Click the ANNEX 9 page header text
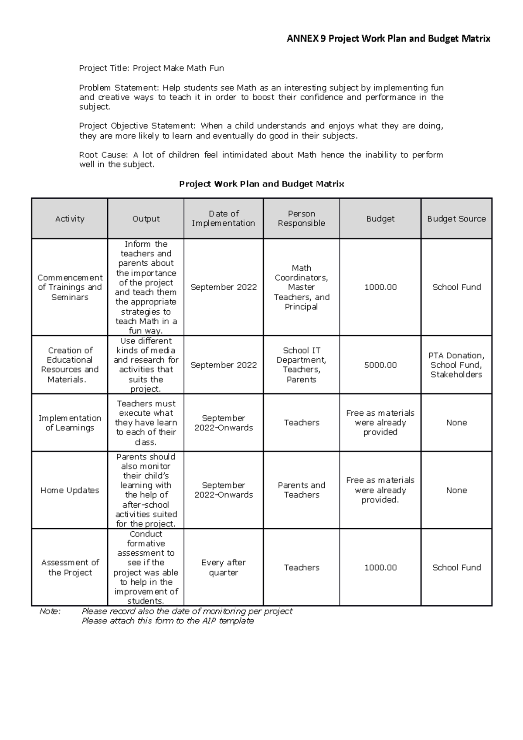(388, 39)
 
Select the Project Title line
(151, 68)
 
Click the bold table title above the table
(261, 184)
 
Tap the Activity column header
(70, 219)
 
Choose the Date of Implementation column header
(224, 218)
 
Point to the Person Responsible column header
(301, 218)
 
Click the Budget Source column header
(456, 219)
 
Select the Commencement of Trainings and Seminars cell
(70, 287)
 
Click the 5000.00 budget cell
(380, 365)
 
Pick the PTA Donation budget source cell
(456, 365)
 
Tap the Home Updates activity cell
(70, 490)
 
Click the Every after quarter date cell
(224, 567)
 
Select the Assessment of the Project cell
(70, 567)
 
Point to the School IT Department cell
(301, 365)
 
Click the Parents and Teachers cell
(301, 490)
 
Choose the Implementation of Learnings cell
(70, 423)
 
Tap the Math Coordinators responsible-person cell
(301, 287)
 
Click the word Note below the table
(50, 611)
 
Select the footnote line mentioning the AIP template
(168, 621)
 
